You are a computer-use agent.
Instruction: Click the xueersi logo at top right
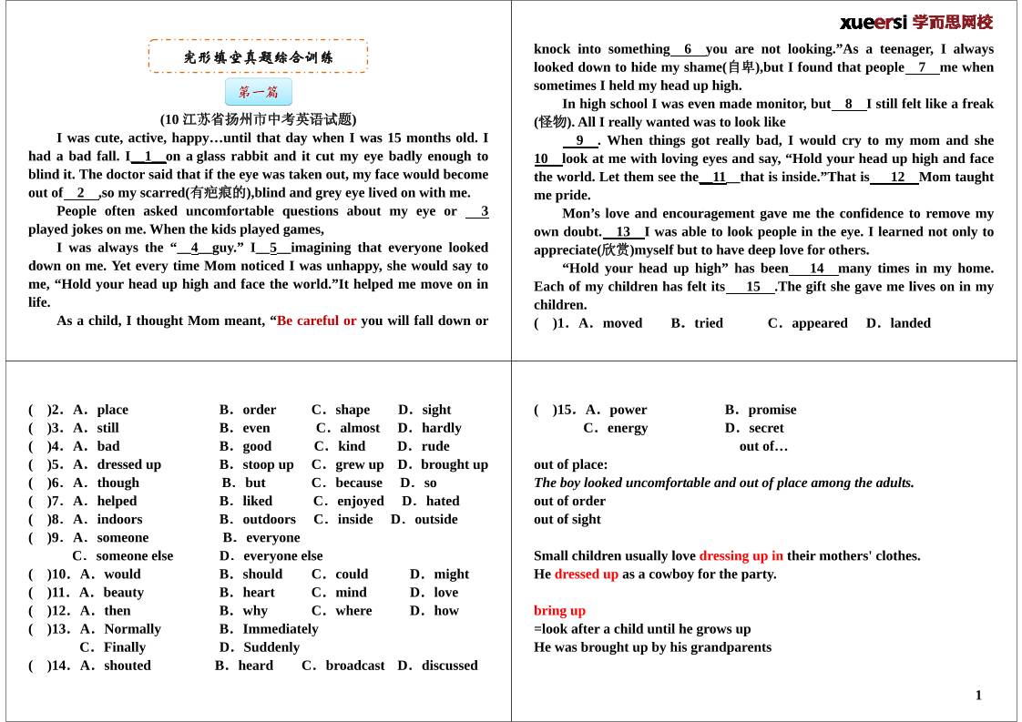click(915, 22)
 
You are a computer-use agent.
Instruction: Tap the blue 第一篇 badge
click(259, 92)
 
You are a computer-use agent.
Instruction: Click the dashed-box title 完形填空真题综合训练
click(259, 56)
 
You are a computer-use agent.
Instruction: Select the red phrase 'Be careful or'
click(316, 320)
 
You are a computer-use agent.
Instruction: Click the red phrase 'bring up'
click(559, 610)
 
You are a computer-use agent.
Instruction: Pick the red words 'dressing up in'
click(741, 555)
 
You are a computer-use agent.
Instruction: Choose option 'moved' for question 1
click(622, 323)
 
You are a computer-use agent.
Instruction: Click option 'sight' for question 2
click(436, 410)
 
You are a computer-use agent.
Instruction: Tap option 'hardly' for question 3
click(442, 428)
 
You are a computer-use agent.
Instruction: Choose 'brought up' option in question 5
click(455, 464)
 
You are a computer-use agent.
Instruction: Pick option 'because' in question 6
click(359, 483)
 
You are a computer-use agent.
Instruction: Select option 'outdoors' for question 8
click(269, 519)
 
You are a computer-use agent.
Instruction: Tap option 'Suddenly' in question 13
click(271, 646)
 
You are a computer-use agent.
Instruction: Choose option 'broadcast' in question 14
click(355, 665)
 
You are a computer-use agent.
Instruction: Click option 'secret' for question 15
click(766, 428)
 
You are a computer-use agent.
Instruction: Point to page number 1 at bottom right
click(978, 696)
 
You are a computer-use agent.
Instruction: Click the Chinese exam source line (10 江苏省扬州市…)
click(259, 119)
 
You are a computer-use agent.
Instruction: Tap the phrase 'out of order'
click(569, 501)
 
